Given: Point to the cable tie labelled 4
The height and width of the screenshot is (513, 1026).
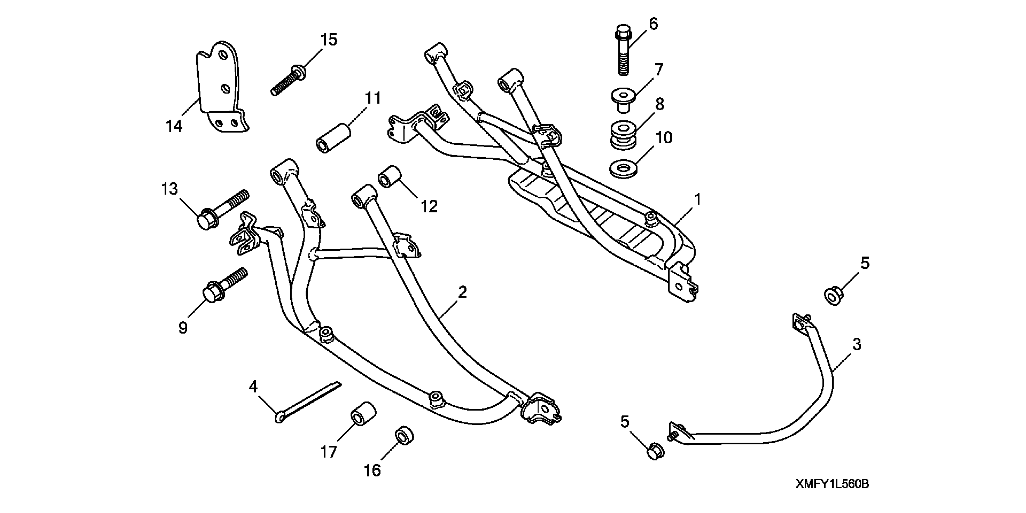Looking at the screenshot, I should tap(309, 401).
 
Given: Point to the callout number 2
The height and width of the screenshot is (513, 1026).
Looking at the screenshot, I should tap(462, 293).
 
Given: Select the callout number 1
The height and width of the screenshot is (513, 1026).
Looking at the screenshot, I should tap(697, 199).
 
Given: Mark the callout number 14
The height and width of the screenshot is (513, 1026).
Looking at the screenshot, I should tap(174, 126).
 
